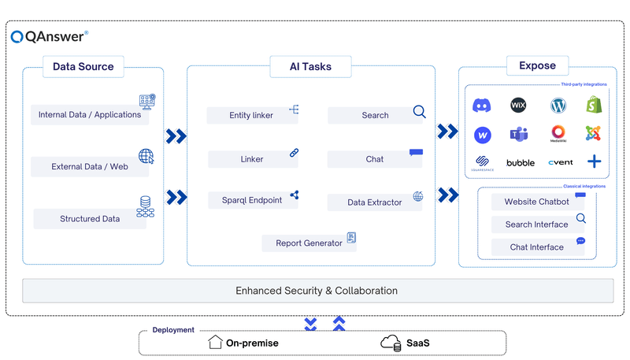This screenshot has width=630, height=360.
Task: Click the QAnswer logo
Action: tap(49, 35)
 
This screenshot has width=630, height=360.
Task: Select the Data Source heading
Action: tap(83, 66)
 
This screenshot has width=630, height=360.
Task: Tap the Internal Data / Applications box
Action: tap(90, 114)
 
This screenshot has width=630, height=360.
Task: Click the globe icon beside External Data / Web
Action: tap(146, 156)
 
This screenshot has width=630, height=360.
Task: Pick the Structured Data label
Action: tap(90, 218)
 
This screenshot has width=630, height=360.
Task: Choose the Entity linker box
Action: tap(251, 115)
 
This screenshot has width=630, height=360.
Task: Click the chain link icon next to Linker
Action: tap(294, 153)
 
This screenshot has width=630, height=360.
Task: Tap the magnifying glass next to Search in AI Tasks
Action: tap(419, 111)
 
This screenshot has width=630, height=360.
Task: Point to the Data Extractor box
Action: tap(375, 202)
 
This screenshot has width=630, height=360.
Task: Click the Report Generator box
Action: tap(309, 243)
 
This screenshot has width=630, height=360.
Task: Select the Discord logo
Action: tap(482, 105)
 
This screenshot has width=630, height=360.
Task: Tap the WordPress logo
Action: tap(559, 105)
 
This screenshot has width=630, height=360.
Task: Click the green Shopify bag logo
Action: tap(594, 105)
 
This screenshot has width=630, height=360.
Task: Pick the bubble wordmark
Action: tap(521, 163)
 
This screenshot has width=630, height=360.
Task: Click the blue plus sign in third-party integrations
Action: tap(594, 162)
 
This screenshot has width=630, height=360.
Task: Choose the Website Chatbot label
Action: tap(536, 202)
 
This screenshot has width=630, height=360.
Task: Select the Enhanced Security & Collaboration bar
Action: tap(317, 291)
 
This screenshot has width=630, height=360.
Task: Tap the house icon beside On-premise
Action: tap(215, 343)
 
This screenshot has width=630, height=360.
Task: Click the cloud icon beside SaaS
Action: tap(391, 343)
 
